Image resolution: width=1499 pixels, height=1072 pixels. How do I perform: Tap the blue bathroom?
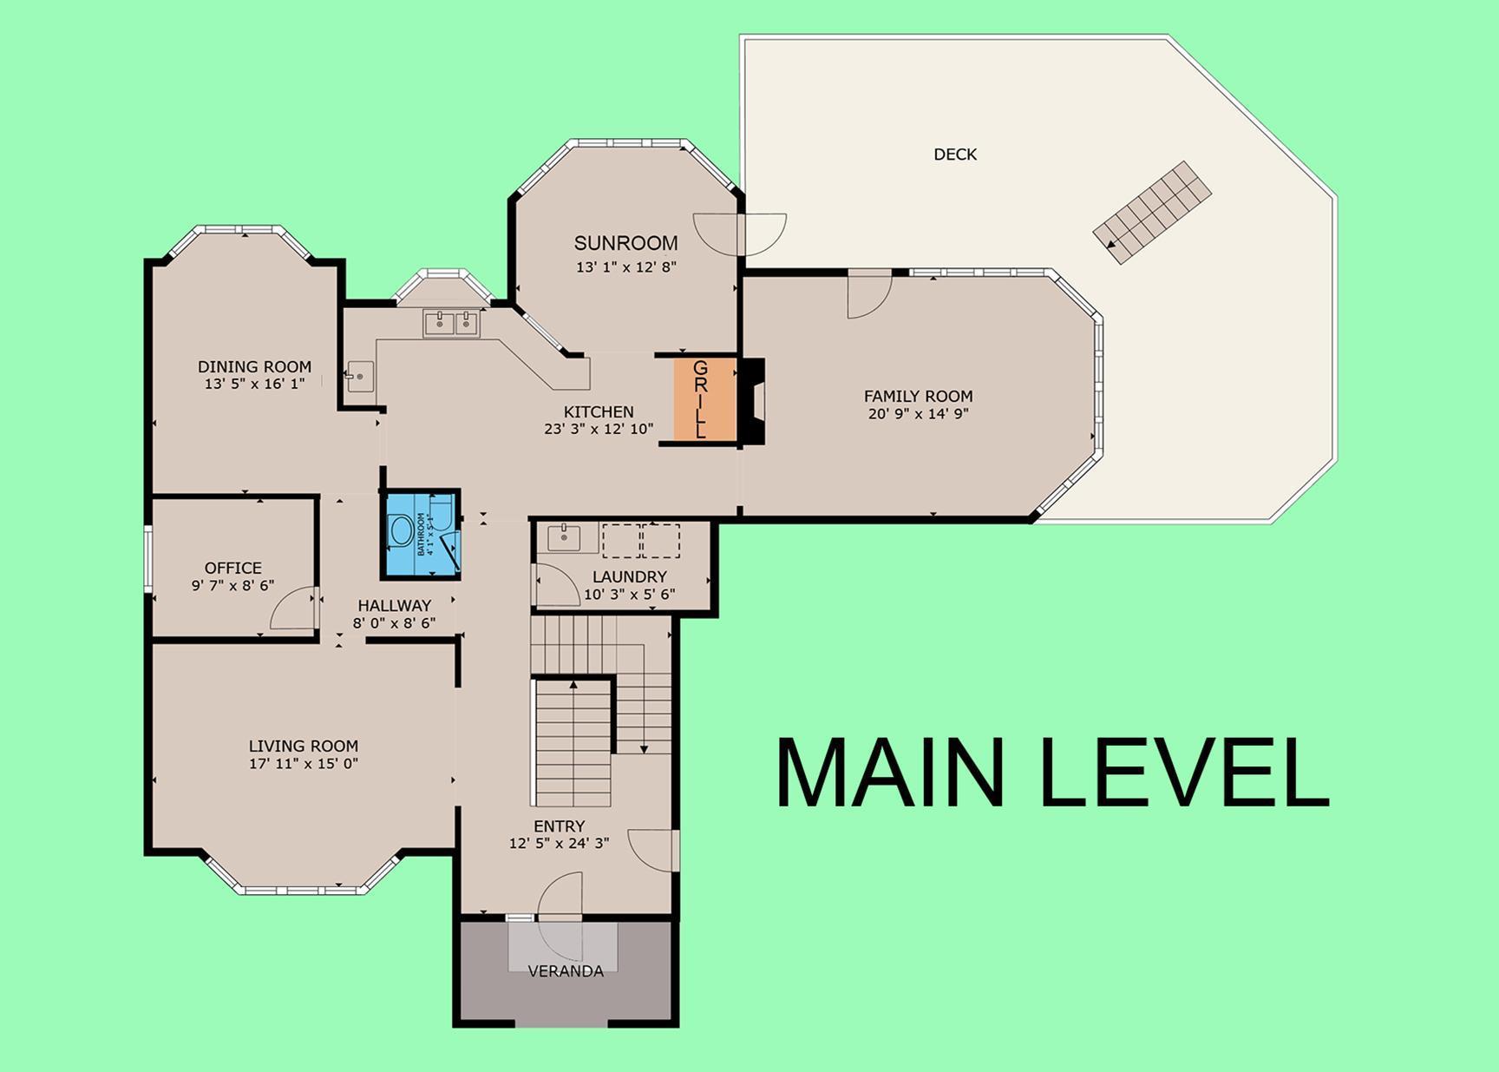click(422, 534)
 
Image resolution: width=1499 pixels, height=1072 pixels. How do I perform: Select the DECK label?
click(955, 155)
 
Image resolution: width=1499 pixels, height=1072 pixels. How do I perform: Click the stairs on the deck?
click(1152, 213)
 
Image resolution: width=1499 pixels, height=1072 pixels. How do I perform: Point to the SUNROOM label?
click(625, 243)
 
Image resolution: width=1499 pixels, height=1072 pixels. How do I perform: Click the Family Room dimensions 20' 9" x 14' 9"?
click(918, 414)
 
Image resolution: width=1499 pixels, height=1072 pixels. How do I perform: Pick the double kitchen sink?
click(451, 324)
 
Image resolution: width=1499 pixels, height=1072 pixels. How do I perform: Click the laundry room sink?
click(565, 537)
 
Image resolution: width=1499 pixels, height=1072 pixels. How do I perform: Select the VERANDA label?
click(566, 971)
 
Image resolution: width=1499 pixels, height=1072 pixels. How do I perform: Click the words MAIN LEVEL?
click(1052, 773)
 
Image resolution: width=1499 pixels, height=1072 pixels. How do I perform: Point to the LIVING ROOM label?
click(304, 746)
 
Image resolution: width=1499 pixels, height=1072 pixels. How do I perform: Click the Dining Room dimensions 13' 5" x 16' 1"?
click(254, 384)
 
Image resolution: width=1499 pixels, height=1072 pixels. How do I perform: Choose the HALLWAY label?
click(394, 605)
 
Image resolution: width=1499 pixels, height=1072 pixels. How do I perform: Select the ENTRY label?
click(559, 826)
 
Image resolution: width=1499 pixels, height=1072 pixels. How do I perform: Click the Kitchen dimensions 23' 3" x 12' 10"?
click(599, 429)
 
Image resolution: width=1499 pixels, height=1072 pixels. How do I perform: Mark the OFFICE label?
click(233, 568)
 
